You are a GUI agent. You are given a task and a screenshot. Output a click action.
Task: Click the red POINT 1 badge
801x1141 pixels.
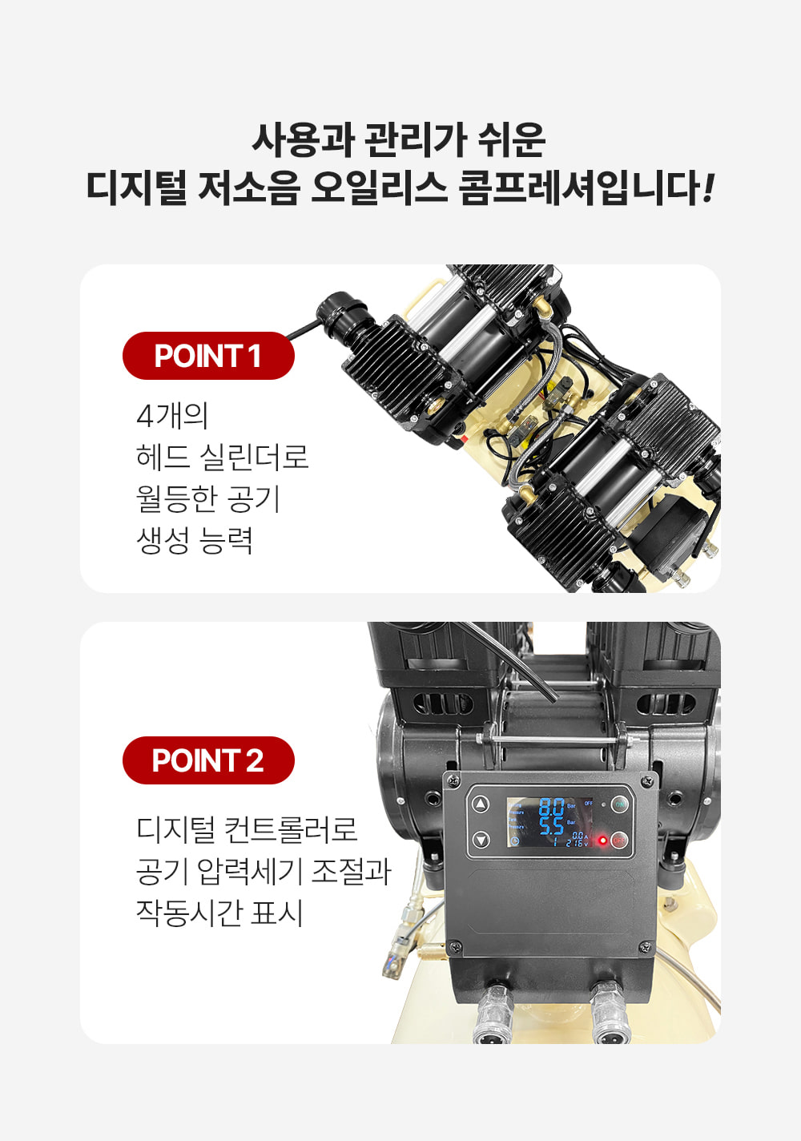(208, 356)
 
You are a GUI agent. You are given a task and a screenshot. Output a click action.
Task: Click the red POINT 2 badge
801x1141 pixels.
(208, 760)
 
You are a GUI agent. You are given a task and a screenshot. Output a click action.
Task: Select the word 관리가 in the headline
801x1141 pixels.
(415, 139)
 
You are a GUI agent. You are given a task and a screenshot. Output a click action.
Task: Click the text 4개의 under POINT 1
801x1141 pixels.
(172, 416)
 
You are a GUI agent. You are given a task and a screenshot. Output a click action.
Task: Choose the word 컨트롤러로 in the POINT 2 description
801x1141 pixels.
(290, 829)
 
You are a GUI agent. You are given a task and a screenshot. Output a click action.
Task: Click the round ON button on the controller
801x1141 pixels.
(620, 804)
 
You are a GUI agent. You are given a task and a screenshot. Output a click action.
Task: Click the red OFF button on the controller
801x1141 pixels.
(620, 841)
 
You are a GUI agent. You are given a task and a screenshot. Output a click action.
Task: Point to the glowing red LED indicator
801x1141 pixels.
(602, 841)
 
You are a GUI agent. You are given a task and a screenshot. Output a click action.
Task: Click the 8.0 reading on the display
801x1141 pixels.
(551, 806)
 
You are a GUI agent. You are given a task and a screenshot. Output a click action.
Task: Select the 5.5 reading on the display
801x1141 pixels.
(551, 825)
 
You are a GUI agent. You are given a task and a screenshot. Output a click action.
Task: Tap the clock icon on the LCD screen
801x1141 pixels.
(514, 841)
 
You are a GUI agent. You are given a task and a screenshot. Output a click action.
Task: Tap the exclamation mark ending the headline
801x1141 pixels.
(706, 188)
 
